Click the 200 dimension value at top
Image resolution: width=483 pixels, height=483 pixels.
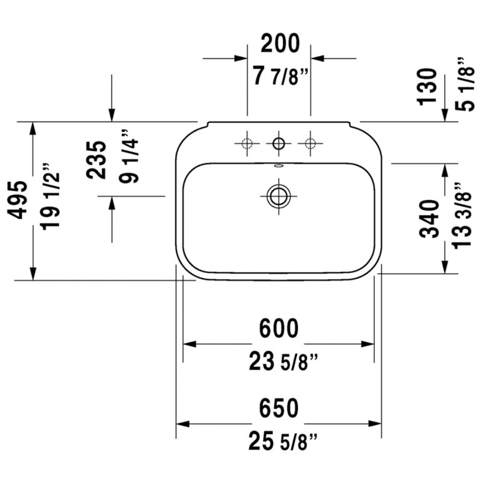coord(280,43)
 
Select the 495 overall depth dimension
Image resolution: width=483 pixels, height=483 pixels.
coord(18,200)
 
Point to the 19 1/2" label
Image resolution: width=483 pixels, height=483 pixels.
coord(50,197)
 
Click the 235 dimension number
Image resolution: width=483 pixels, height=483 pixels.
coord(96,160)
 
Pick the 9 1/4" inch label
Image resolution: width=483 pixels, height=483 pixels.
coord(129,156)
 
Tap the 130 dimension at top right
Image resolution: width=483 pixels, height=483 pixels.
coord(427,87)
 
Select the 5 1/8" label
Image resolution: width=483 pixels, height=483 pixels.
coord(465,84)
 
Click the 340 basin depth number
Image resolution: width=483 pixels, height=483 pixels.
coord(429,219)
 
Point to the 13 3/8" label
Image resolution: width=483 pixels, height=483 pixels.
coord(462,216)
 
